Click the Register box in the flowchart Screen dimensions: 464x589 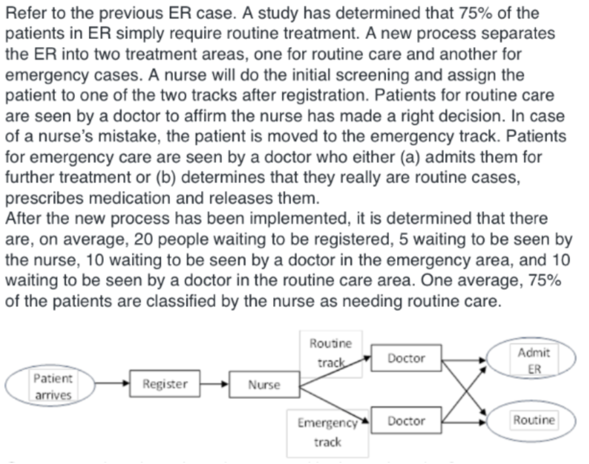pos(164,384)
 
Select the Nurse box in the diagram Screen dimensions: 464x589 pos(264,385)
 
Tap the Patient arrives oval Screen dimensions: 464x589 pos(50,386)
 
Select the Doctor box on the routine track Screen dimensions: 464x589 pos(406,358)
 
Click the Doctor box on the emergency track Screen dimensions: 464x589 pos(406,421)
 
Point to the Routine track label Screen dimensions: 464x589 pos(330,353)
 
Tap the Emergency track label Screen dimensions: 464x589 pos(327,432)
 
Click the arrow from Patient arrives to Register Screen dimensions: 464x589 pos(112,384)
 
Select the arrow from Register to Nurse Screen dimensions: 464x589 pos(214,384)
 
